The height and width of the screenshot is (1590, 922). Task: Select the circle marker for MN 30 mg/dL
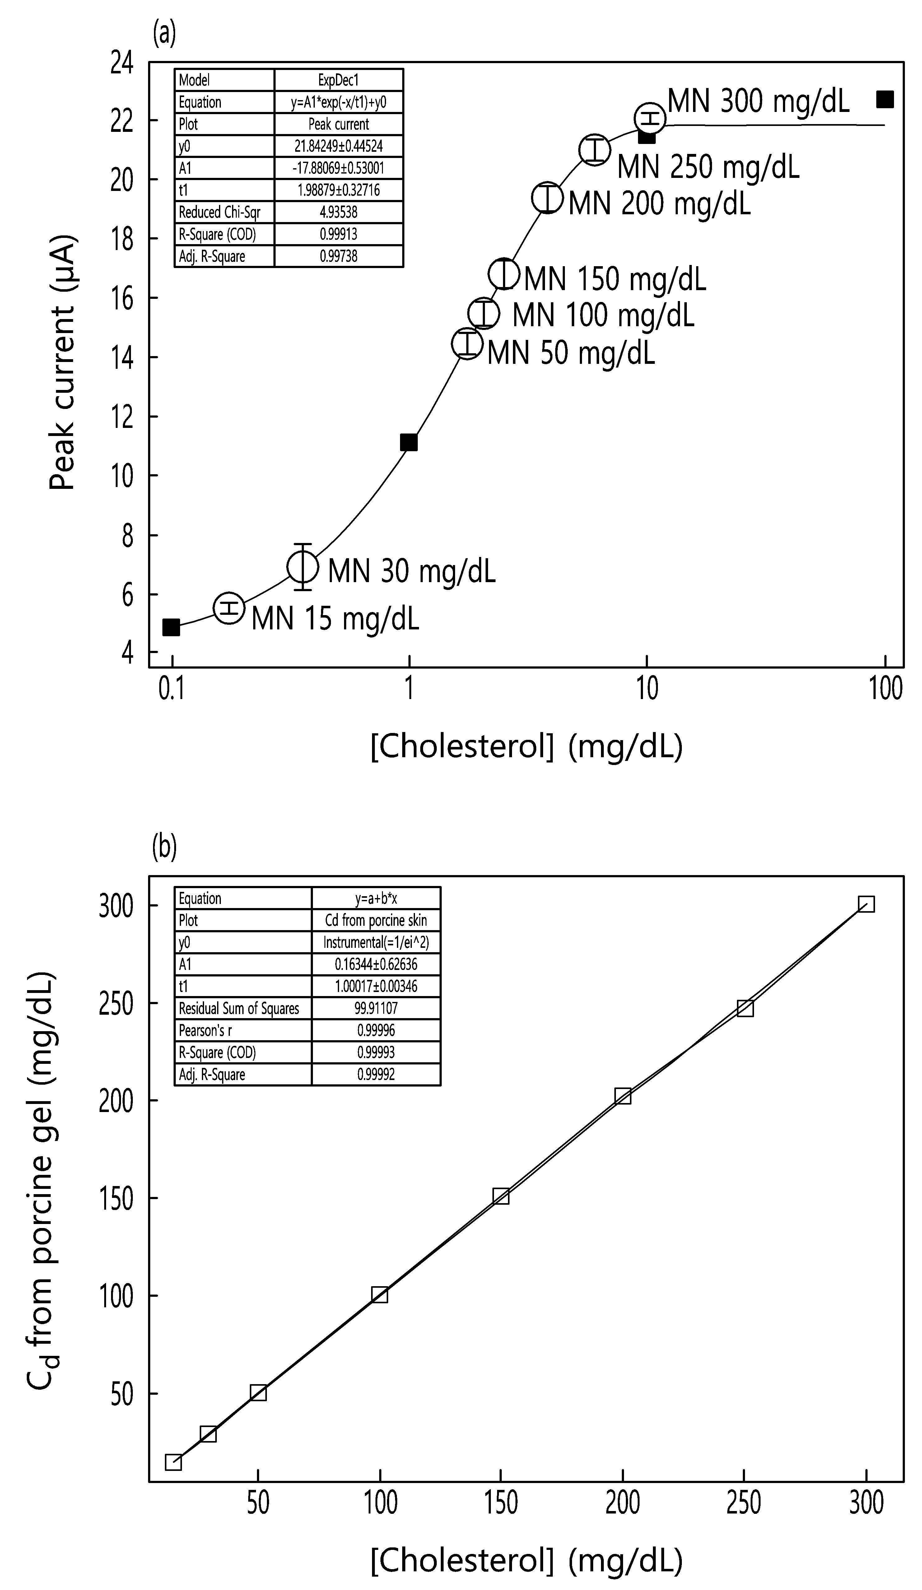tap(303, 567)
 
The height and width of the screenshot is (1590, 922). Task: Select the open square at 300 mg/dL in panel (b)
tap(866, 904)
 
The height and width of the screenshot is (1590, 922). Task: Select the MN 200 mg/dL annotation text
tap(659, 203)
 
